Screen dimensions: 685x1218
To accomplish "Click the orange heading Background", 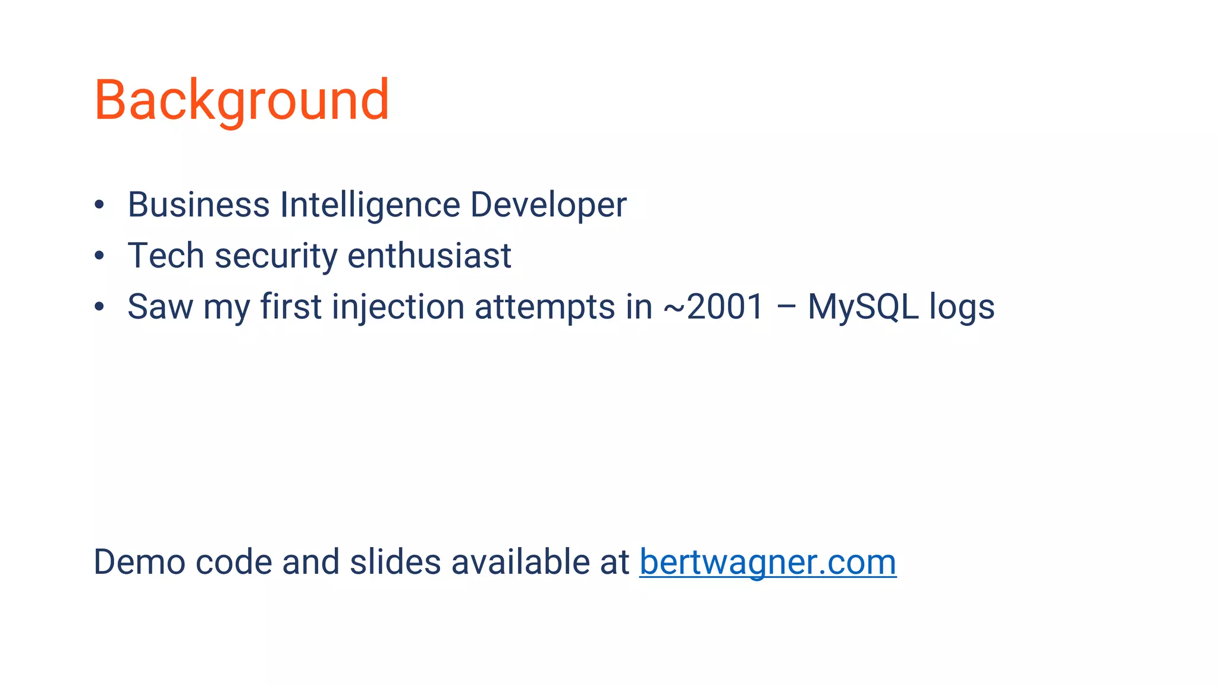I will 241,100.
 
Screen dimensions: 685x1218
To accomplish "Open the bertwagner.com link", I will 768,562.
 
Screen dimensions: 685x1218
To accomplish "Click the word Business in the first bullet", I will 199,205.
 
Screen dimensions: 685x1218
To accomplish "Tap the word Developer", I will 548,206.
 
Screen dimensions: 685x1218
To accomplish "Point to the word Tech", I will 166,256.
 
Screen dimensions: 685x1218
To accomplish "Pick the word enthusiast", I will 429,256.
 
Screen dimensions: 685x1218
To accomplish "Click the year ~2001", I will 713,307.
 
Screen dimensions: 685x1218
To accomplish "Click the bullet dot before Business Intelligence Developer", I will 99,205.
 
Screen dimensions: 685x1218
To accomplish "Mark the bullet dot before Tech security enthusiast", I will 99,256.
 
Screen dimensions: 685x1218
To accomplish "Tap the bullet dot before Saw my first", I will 99,307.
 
